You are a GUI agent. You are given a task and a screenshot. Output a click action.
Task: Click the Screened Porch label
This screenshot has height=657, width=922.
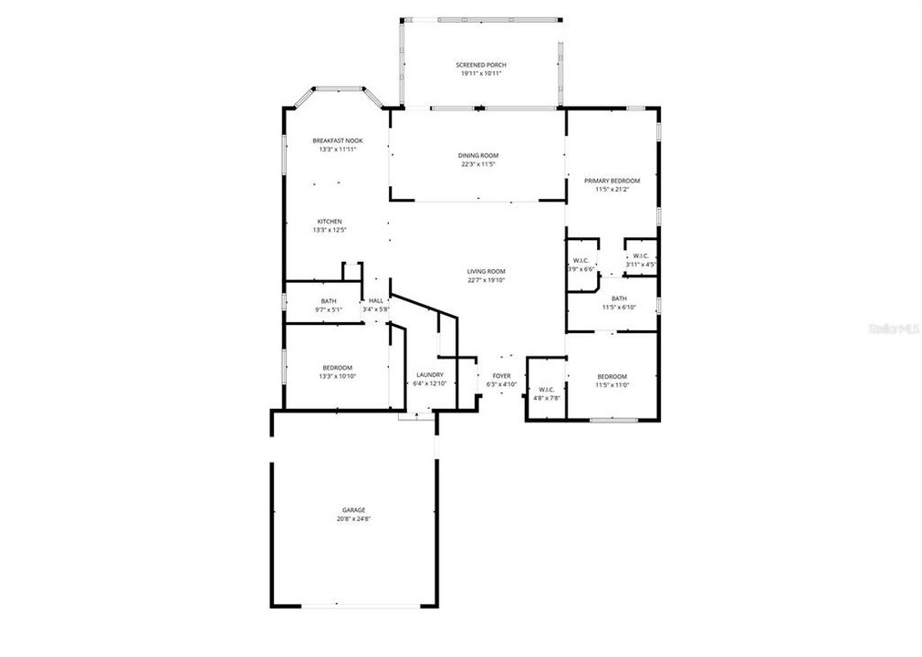click(481, 65)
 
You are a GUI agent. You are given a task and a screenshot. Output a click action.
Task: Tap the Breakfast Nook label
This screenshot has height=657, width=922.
click(338, 141)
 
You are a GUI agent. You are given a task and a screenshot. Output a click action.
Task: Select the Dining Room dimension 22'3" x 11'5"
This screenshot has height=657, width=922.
click(478, 164)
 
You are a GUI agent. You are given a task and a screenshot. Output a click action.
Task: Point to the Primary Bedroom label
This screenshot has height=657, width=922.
click(612, 181)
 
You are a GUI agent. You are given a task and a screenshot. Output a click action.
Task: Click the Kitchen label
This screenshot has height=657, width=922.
click(330, 222)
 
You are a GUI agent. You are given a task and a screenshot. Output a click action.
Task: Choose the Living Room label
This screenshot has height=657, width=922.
click(487, 271)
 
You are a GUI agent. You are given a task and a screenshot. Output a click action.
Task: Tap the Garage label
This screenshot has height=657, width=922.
click(354, 510)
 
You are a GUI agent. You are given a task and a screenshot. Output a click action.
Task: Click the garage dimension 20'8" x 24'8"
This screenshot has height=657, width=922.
click(354, 518)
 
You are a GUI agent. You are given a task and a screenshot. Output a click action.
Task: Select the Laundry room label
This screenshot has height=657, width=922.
click(430, 375)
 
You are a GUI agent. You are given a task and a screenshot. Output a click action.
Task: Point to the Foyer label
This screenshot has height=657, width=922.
click(502, 375)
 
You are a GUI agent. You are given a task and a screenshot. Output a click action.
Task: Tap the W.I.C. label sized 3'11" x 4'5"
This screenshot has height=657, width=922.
click(641, 256)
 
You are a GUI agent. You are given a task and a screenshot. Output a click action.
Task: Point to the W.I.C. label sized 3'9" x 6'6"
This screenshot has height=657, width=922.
click(581, 260)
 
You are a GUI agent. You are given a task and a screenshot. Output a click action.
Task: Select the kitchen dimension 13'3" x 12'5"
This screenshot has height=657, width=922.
click(330, 230)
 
